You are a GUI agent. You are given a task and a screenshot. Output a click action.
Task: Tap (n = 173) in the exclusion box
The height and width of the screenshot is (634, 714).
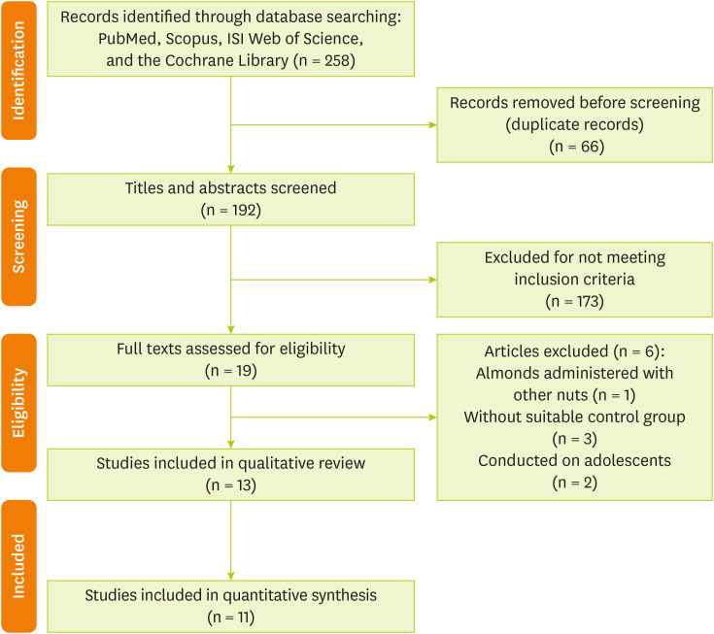pos(574,302)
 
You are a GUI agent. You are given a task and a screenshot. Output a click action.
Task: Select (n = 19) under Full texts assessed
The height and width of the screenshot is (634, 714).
pos(230,371)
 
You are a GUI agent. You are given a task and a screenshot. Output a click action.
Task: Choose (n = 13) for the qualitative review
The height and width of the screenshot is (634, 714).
pos(230,484)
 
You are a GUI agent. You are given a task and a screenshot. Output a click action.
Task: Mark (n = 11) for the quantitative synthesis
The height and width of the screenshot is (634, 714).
pos(230,616)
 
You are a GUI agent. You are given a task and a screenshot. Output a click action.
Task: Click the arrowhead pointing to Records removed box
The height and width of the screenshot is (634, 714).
pos(432,124)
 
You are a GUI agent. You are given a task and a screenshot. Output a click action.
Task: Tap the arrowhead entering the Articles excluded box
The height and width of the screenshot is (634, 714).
pos(432,418)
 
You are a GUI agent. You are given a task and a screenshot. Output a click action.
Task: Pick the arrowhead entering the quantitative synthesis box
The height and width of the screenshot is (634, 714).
pos(231,576)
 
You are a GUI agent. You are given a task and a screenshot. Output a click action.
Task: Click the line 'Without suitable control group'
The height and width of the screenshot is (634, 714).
pos(574,417)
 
